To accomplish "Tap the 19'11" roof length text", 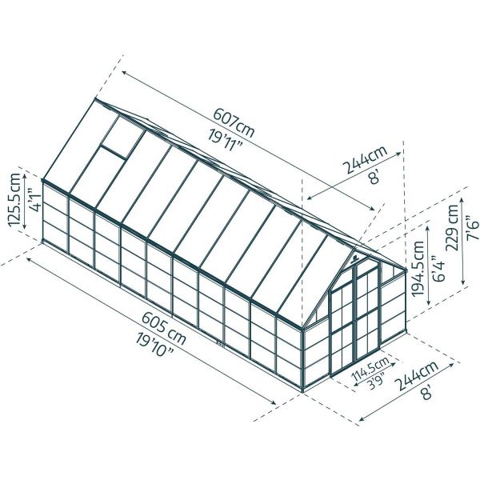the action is coord(226,140).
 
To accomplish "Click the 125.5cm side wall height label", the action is coord(14,200).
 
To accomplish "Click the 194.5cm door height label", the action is coord(418,269).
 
